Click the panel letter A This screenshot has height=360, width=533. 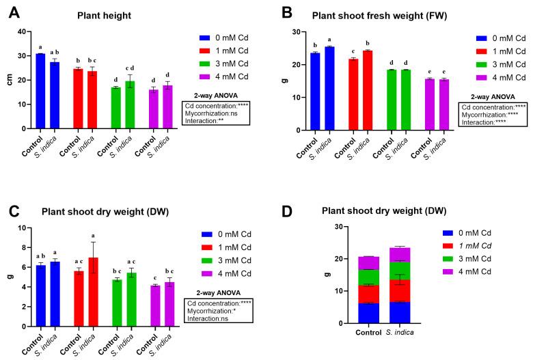point(12,13)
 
